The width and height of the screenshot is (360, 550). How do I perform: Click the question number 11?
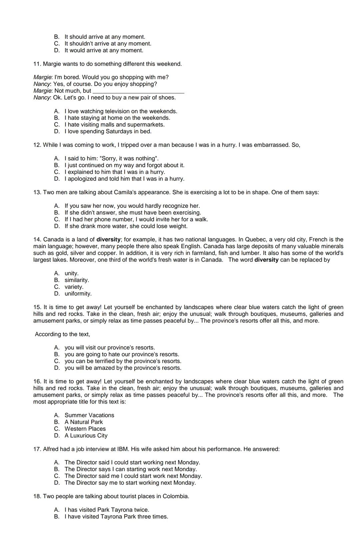coord(37,64)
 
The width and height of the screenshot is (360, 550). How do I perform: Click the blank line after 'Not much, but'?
coord(138,91)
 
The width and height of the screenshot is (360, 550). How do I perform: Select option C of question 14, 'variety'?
coord(74,287)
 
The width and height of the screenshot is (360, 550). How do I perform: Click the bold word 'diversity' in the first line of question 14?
coord(108,240)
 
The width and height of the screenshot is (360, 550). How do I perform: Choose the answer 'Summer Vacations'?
coord(89,415)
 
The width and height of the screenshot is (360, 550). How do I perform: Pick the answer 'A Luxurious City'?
coord(86,435)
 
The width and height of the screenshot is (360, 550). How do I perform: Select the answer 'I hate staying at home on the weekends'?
coord(117,118)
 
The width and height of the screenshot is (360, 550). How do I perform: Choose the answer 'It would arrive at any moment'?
coord(104,51)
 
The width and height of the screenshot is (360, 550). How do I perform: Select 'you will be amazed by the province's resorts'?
coord(123,368)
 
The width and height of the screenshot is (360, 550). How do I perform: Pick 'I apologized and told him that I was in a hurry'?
coord(124,179)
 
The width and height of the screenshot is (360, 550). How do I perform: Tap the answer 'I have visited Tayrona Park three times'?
coord(116,517)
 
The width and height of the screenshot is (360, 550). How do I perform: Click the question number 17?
coord(37,449)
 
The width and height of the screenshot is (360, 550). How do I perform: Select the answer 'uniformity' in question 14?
coord(78,294)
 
